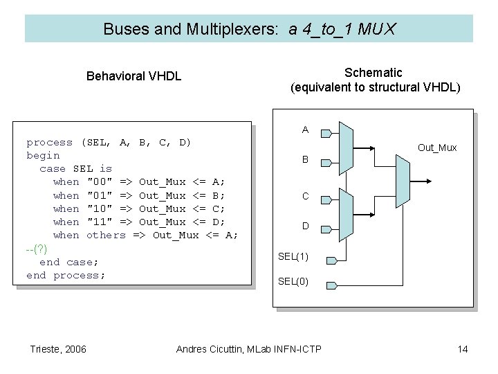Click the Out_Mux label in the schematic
[437, 148]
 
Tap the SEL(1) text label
[293, 257]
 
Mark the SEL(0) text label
[293, 281]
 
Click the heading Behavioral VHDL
[133, 76]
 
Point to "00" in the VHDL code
[99, 182]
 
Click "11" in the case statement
[99, 222]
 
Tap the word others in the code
[106, 235]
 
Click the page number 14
[463, 348]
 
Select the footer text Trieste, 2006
[59, 348]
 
